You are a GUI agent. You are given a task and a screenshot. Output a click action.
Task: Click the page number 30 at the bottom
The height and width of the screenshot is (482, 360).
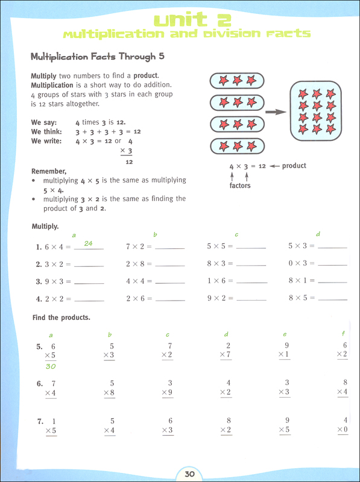[x=189, y=474]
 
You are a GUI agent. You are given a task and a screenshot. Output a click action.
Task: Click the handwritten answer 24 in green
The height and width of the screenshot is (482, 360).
[x=88, y=243]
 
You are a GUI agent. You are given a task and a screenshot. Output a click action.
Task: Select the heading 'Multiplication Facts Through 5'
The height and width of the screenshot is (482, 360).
[x=97, y=57]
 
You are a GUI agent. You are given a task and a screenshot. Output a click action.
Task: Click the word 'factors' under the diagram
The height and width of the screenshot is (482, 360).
[x=239, y=186]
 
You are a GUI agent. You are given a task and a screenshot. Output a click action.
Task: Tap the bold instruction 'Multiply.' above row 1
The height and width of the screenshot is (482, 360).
[x=45, y=227]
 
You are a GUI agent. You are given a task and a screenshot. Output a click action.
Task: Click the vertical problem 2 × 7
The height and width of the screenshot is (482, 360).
[x=226, y=351]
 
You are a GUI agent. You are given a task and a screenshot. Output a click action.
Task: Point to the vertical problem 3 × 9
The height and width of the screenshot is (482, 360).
[x=167, y=388]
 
